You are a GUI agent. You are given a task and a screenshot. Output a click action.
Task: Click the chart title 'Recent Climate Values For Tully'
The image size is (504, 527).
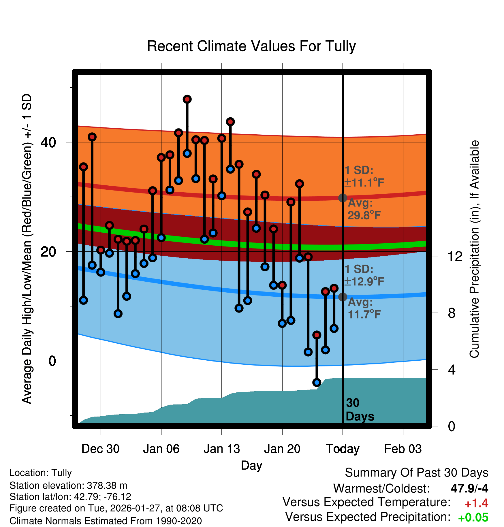pyautogui.click(x=251, y=46)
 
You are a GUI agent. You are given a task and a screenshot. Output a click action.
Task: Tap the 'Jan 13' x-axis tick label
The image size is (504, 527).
pyautogui.click(x=221, y=449)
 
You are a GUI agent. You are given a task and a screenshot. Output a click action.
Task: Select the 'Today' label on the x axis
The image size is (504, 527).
pyautogui.click(x=343, y=449)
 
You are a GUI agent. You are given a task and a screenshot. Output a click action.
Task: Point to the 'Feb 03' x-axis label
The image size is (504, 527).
pyautogui.click(x=403, y=449)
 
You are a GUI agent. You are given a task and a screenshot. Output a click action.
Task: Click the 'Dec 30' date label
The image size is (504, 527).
pyautogui.click(x=100, y=449)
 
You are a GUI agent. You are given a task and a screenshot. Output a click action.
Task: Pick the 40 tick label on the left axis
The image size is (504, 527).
pyautogui.click(x=48, y=142)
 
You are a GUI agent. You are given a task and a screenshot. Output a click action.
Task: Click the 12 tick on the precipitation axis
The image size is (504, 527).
pyautogui.click(x=455, y=256)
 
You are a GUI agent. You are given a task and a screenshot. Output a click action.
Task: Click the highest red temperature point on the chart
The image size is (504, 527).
pyautogui.click(x=187, y=99)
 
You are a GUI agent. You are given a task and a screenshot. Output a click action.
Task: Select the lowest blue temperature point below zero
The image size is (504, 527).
pyautogui.click(x=317, y=383)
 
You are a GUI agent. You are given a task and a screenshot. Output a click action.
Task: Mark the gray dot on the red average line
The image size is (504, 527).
pyautogui.click(x=343, y=198)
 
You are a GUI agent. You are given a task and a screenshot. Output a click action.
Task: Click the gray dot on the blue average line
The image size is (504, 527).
pyautogui.click(x=343, y=297)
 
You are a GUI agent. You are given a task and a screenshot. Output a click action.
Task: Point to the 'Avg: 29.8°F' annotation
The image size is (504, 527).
pyautogui.click(x=364, y=209)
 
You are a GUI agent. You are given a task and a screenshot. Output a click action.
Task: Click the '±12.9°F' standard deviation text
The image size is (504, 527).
pyautogui.click(x=364, y=281)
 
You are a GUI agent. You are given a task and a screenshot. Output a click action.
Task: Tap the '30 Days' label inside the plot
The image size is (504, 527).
pyautogui.click(x=359, y=410)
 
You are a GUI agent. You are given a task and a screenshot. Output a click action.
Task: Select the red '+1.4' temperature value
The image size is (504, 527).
pyautogui.click(x=476, y=503)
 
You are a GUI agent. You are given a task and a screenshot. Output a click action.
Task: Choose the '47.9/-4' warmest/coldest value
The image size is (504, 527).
pyautogui.click(x=469, y=488)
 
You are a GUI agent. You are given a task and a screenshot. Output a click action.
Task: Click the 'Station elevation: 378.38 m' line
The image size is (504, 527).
pyautogui.click(x=68, y=485)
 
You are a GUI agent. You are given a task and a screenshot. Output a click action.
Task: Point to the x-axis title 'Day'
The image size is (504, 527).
pyautogui.click(x=251, y=465)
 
